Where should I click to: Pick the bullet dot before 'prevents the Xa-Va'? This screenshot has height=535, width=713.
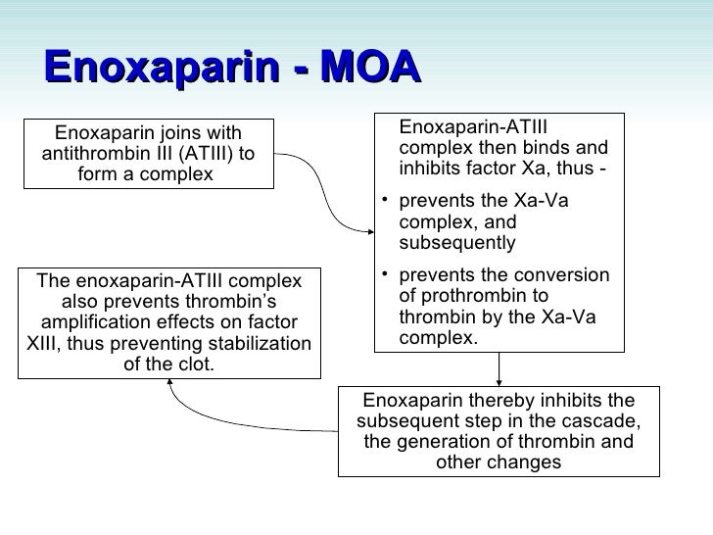click(387, 202)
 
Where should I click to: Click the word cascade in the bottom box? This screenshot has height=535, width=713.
click(605, 420)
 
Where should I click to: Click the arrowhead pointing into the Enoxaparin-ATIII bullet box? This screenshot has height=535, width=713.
click(370, 231)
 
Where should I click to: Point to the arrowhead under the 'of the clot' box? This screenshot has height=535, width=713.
click(172, 385)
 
